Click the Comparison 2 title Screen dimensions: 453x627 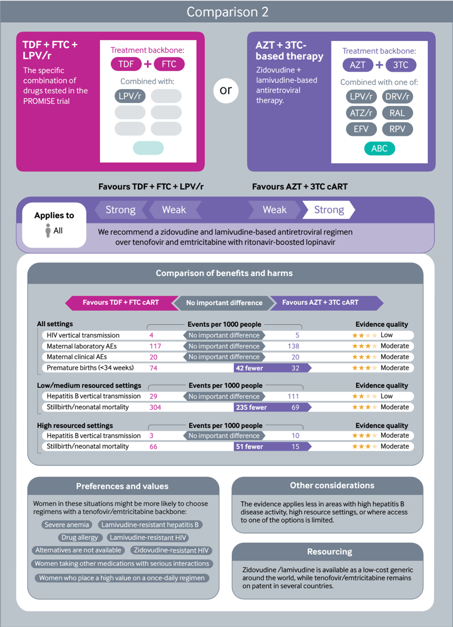coord(228,12)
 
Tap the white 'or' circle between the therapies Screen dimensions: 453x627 coord(225,90)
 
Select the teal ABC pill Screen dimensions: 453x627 coord(380,148)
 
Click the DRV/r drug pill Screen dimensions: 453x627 coord(397,97)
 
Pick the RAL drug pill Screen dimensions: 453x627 coord(397,113)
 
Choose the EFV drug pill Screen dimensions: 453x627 coord(361,129)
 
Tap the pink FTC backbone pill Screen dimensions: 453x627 coord(169,64)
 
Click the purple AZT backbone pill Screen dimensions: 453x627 coord(358,65)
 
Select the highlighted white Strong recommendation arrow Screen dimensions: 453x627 coord(329,210)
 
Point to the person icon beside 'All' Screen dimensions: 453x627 coord(48,231)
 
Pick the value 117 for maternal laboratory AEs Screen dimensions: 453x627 coord(155,346)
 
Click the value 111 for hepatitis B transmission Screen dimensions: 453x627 coord(293,396)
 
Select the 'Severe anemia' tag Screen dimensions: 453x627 coord(67,525)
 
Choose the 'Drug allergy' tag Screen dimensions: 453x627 coord(80,537)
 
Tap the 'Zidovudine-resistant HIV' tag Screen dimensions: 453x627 coord(171,550)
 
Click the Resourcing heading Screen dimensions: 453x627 coord(330,552)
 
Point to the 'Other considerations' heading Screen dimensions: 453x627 coord(332,485)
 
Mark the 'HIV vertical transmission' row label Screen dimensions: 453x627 coord(83,335)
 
